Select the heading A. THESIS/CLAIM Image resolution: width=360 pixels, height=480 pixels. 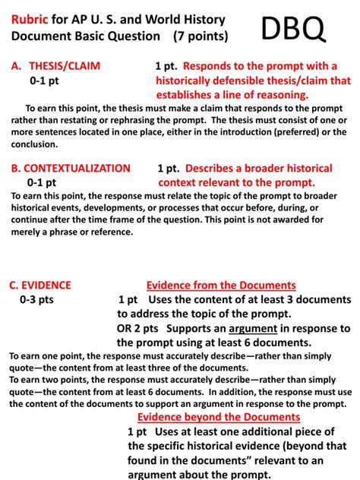(x=56, y=66)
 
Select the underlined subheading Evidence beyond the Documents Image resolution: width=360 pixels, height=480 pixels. (x=219, y=417)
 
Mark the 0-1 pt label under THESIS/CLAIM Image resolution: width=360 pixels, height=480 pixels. (x=44, y=80)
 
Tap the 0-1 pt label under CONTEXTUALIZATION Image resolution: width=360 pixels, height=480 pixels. (x=41, y=182)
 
